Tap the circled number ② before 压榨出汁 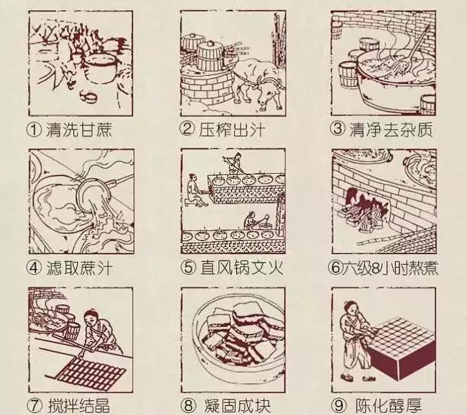pyautogui.click(x=187, y=129)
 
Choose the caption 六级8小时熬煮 pyautogui.click(x=384, y=267)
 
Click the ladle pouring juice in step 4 pyautogui.click(x=91, y=192)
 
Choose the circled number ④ pyautogui.click(x=36, y=267)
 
